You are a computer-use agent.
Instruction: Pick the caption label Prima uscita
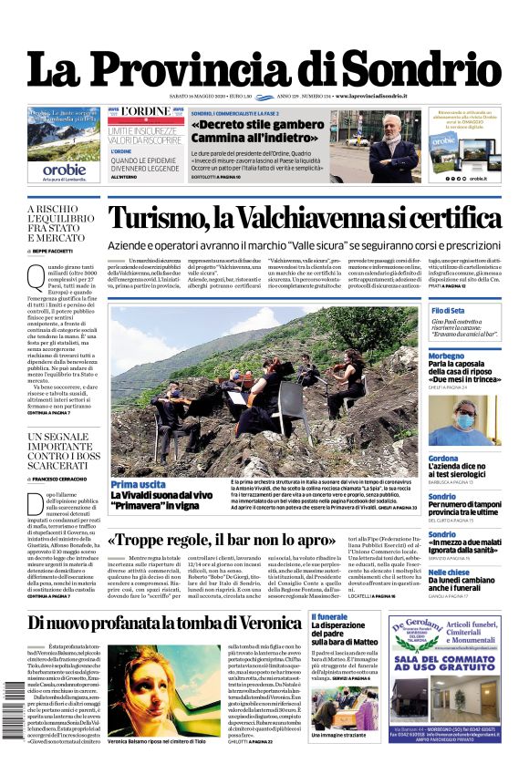138,484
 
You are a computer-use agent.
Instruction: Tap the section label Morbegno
447,355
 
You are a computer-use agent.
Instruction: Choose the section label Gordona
444,458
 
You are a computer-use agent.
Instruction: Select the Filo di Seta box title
449,310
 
